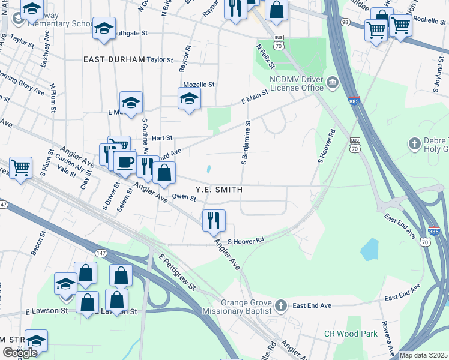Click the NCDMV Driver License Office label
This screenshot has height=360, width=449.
pos(297,83)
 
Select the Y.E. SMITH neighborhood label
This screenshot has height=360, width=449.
pos(219,189)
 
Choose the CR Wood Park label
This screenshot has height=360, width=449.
pos(351,334)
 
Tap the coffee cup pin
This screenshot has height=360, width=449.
pos(125,161)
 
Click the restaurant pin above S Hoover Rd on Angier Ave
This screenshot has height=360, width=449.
pos(214,220)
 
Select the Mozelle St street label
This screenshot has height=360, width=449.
pos(198,85)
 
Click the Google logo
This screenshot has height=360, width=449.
pos(19,352)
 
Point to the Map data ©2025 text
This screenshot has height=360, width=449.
pos(423,355)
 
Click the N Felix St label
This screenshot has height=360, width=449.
pos(265,55)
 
